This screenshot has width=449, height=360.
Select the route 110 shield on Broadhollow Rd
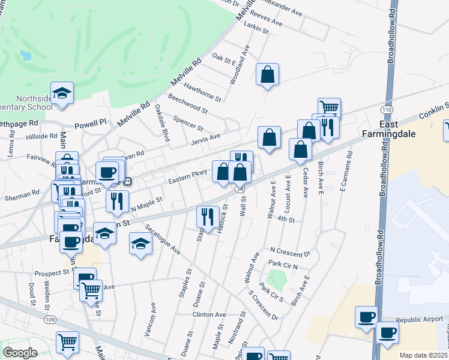[387, 110]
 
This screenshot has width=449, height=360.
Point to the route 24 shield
[239, 189]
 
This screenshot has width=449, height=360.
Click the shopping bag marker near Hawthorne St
[268, 76]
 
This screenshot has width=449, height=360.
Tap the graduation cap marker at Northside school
[62, 94]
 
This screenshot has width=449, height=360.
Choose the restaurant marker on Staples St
[208, 217]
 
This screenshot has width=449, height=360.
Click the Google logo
[20, 352]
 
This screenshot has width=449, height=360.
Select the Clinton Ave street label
[209, 314]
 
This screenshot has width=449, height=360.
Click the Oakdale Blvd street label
[161, 118]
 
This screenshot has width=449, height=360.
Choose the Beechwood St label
[188, 104]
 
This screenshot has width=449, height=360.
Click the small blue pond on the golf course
[26, 56]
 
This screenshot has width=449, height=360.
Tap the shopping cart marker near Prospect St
[91, 290]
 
